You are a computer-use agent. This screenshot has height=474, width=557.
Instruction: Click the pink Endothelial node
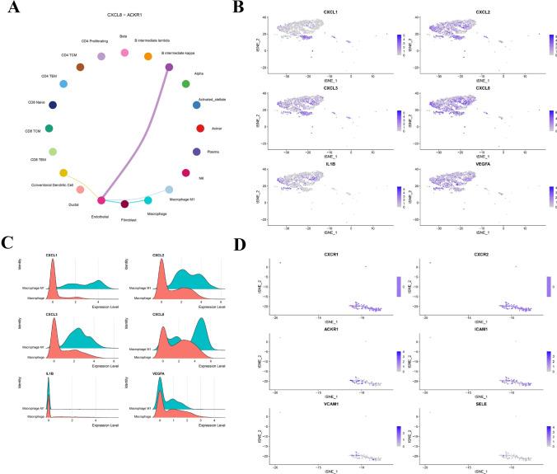point(102,200)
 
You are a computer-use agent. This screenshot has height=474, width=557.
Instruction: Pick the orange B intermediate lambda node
point(147,57)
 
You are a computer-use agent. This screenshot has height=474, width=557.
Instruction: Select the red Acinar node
point(200,129)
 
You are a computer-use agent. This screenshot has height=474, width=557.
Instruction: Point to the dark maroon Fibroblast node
point(124,204)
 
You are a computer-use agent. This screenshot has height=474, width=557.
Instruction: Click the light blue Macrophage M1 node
point(169,190)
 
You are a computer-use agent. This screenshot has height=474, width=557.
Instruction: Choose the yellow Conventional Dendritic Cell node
point(63,172)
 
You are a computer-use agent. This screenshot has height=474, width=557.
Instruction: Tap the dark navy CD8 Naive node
point(53,106)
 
